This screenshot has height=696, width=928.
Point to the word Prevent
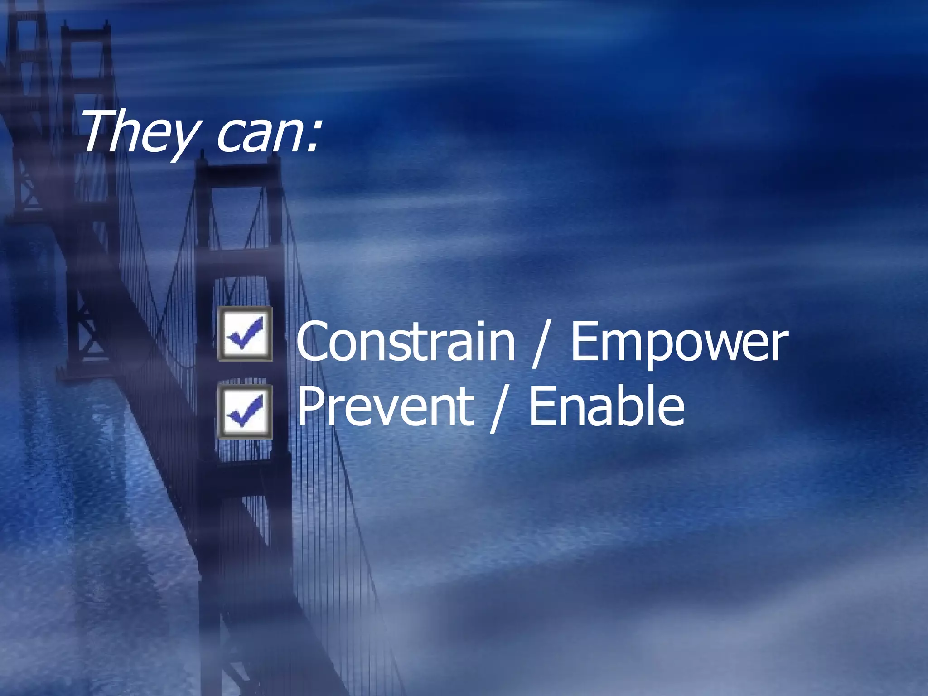(x=385, y=406)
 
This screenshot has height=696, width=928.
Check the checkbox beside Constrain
(x=245, y=334)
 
